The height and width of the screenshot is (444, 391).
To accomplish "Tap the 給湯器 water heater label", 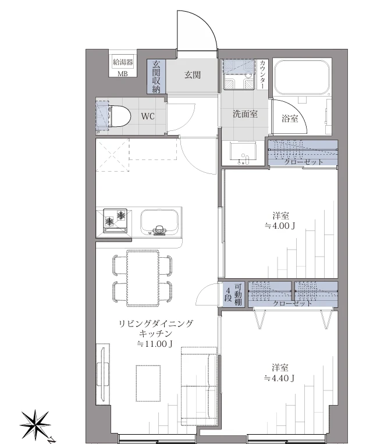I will [x=123, y=61].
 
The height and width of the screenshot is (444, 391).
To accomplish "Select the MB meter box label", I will [x=123, y=73].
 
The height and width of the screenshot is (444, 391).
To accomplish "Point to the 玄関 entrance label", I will [x=193, y=75].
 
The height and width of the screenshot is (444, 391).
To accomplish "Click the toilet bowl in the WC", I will [x=118, y=115].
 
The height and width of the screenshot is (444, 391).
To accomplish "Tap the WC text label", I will [x=148, y=116].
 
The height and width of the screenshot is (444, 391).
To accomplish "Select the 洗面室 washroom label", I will [x=245, y=114].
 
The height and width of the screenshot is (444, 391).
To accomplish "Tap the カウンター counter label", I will [x=262, y=74].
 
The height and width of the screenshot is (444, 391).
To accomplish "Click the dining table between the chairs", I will [x=142, y=278].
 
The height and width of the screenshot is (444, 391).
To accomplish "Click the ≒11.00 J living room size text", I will [x=155, y=344].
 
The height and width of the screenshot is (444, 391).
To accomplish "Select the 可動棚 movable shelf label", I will [x=237, y=294].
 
